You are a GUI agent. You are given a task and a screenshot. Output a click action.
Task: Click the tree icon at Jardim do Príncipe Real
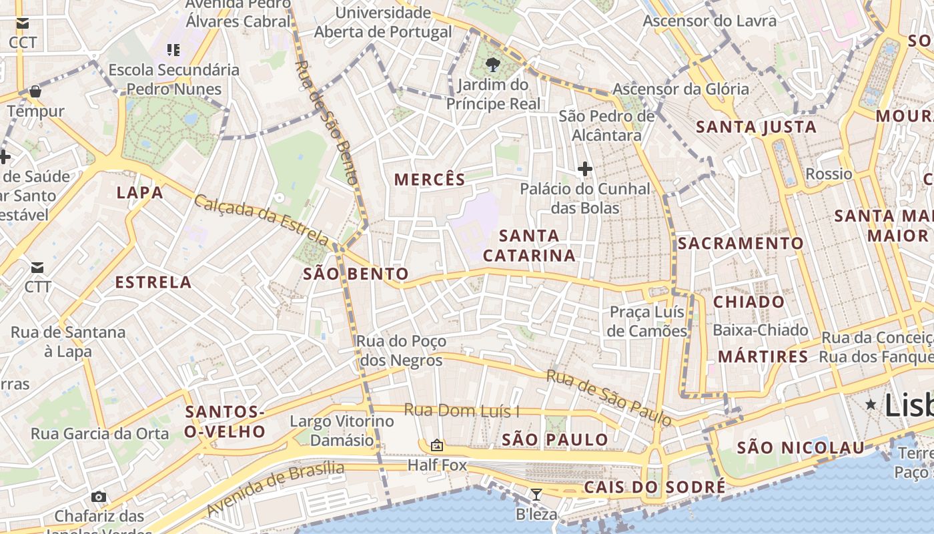(x=493, y=65)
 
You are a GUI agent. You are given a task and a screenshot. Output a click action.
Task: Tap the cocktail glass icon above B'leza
(x=536, y=495)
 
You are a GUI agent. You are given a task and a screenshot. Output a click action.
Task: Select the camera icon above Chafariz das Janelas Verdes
(x=99, y=497)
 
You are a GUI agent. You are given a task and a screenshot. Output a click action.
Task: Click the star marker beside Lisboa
(x=871, y=405)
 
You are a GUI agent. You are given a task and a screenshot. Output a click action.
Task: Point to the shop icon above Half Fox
(x=437, y=445)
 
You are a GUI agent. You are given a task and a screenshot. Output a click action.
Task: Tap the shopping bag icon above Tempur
(x=35, y=91)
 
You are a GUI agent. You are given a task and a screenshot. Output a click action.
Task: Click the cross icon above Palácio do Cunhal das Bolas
(x=585, y=169)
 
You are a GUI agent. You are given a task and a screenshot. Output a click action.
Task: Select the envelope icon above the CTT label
(x=37, y=268)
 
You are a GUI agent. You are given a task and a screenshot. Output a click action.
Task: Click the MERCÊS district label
(x=430, y=180)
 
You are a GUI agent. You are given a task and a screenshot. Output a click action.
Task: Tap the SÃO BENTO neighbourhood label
(x=356, y=274)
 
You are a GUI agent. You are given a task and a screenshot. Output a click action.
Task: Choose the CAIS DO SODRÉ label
(x=654, y=487)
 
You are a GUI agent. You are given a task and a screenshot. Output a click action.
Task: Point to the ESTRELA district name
(x=153, y=282)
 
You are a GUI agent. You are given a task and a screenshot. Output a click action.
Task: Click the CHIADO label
(x=749, y=302)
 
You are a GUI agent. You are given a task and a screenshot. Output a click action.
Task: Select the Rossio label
(x=829, y=174)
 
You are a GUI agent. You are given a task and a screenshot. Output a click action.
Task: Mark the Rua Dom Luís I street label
(x=462, y=411)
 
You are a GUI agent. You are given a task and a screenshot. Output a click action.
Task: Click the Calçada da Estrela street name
(x=262, y=220)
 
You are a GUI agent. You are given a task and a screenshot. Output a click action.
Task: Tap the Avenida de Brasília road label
(x=276, y=489)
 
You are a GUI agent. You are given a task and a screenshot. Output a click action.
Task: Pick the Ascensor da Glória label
(x=680, y=89)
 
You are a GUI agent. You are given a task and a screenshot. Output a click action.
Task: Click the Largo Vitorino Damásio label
(x=342, y=431)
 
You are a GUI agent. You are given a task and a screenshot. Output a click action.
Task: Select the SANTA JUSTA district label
(x=756, y=127)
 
